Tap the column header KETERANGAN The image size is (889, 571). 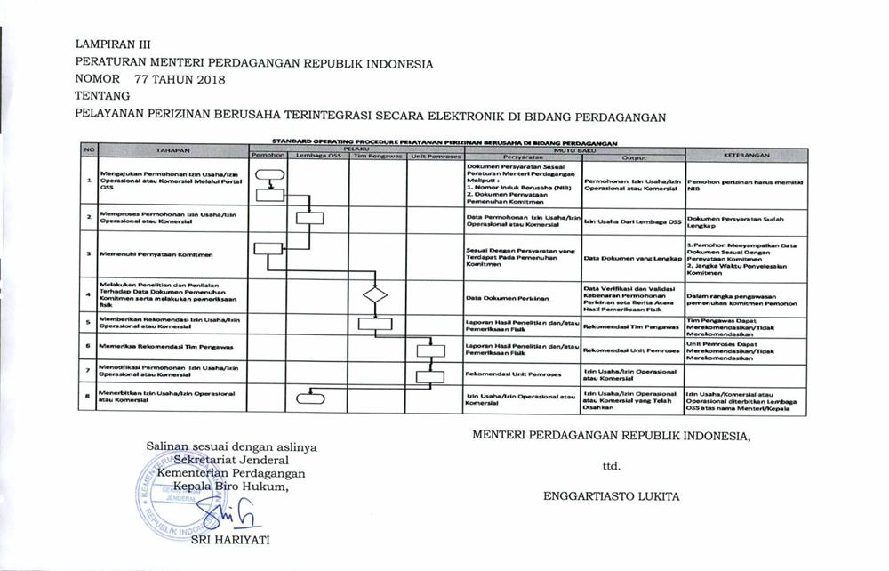[x=746, y=155]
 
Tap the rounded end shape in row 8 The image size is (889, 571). [x=319, y=397]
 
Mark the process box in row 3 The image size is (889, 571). [x=267, y=253]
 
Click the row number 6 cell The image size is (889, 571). [x=88, y=345]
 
